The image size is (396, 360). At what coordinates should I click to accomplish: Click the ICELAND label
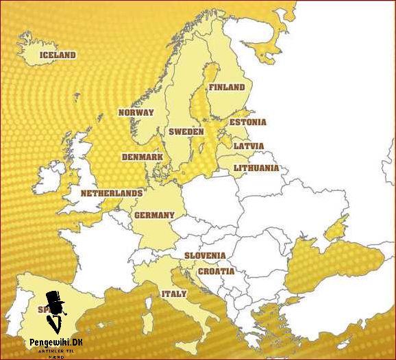tap(58, 55)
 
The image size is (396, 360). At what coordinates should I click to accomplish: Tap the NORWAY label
tap(136, 112)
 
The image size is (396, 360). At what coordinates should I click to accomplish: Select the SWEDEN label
tap(186, 131)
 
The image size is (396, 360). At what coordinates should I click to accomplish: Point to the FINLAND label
tap(227, 88)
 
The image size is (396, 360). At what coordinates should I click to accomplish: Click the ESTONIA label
tap(247, 123)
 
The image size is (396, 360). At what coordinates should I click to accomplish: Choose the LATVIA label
tap(248, 146)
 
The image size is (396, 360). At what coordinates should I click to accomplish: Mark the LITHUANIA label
tap(256, 168)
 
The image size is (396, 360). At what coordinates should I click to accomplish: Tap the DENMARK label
tap(143, 157)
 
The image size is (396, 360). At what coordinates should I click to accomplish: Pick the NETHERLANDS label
tap(112, 194)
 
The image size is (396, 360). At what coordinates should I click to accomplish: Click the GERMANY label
tap(154, 215)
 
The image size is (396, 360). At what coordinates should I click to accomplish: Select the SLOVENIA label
tap(205, 255)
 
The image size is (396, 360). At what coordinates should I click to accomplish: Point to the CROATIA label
tap(216, 271)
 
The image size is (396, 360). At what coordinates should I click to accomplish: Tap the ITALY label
tap(173, 294)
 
